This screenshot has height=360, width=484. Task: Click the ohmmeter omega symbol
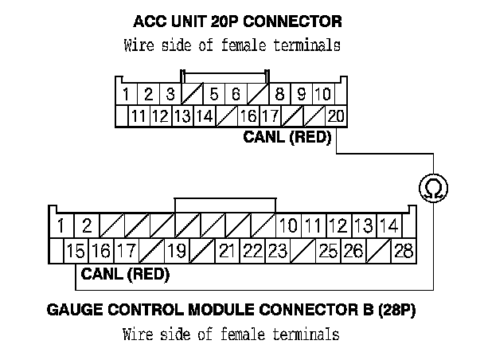(x=433, y=189)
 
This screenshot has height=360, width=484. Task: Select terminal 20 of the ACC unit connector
(x=335, y=116)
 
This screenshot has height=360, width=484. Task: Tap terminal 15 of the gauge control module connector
(x=76, y=252)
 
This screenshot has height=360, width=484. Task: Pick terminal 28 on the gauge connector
(x=404, y=252)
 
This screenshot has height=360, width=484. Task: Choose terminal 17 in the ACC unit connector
(x=269, y=116)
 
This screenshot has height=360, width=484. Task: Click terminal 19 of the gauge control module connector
(x=177, y=252)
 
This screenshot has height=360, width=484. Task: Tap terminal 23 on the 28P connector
(x=277, y=252)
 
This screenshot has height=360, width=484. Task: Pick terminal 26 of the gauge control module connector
(x=353, y=252)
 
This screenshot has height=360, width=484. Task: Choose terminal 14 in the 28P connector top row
(x=388, y=225)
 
